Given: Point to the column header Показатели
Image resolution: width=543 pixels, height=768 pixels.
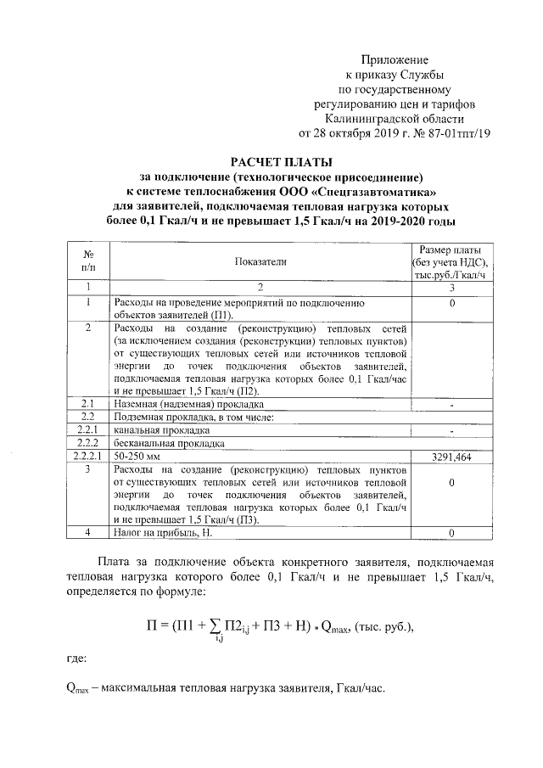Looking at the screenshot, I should [x=261, y=262].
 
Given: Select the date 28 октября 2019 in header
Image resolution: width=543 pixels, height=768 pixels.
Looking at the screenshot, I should [x=352, y=133].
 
